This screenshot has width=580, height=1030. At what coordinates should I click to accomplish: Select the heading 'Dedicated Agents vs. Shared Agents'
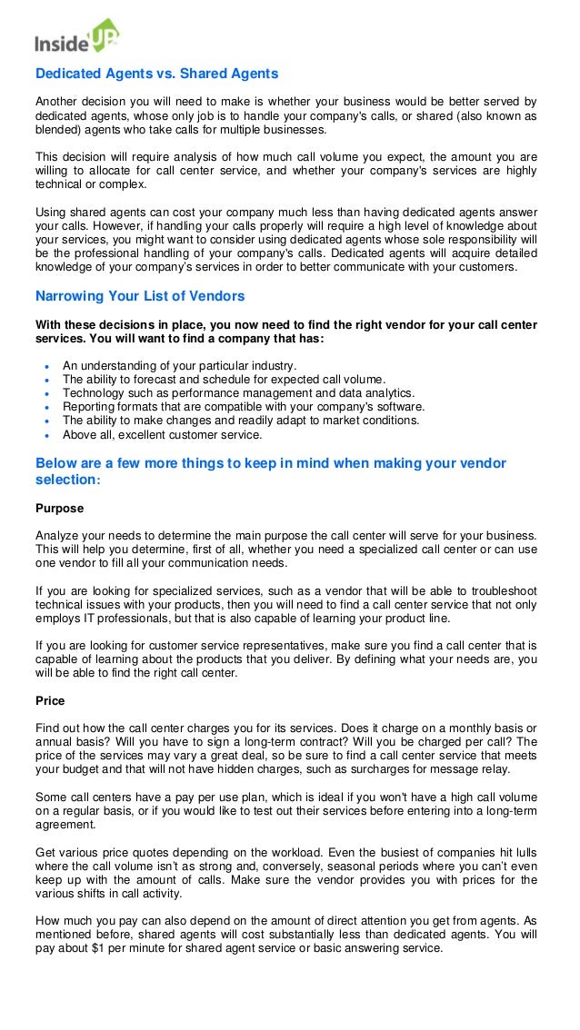(x=156, y=74)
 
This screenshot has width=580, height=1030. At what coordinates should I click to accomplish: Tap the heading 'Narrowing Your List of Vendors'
(x=140, y=296)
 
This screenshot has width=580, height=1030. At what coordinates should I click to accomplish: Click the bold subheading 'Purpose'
(x=59, y=509)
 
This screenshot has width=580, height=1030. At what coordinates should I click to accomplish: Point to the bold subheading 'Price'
(x=50, y=701)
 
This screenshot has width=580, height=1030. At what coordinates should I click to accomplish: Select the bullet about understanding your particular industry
(x=179, y=366)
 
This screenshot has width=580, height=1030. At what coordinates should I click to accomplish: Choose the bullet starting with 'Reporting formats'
(x=243, y=407)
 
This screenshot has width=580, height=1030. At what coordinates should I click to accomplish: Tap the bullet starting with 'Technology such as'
(x=238, y=393)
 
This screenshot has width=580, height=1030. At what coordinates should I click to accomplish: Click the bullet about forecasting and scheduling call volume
(x=224, y=380)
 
